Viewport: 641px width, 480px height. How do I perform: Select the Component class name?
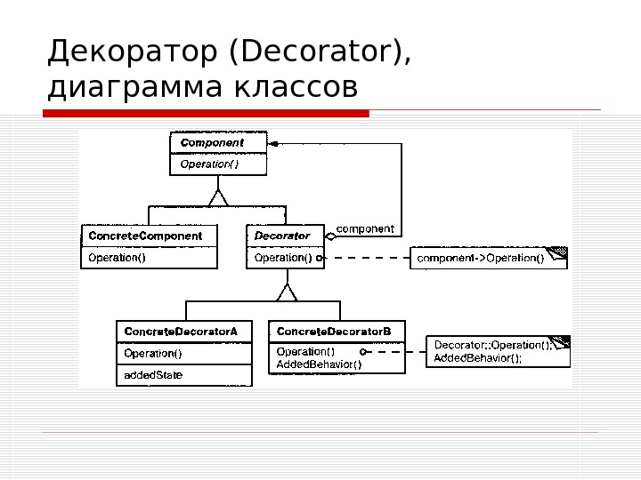click(x=212, y=142)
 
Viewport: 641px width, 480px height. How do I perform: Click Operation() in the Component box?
click(x=210, y=164)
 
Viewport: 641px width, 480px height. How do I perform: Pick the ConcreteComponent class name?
click(x=145, y=236)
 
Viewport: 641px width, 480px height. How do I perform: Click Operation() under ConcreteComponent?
click(x=117, y=258)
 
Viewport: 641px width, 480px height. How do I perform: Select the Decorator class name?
click(x=282, y=236)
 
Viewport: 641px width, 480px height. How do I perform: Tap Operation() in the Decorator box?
click(x=283, y=258)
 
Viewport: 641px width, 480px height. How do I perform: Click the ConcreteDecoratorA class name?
click(x=182, y=332)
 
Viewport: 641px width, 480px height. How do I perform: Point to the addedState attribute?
click(x=154, y=375)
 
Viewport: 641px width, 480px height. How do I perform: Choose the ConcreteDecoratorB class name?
click(x=334, y=332)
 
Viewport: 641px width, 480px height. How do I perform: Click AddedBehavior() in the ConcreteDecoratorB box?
click(x=320, y=364)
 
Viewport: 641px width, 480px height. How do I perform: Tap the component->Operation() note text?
click(x=481, y=258)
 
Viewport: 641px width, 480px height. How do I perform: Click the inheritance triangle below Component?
click(x=218, y=194)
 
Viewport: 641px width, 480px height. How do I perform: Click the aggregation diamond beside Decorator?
click(x=330, y=236)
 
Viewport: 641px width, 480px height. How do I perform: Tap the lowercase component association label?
click(x=365, y=228)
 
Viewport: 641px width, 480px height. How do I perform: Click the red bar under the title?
click(x=206, y=113)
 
